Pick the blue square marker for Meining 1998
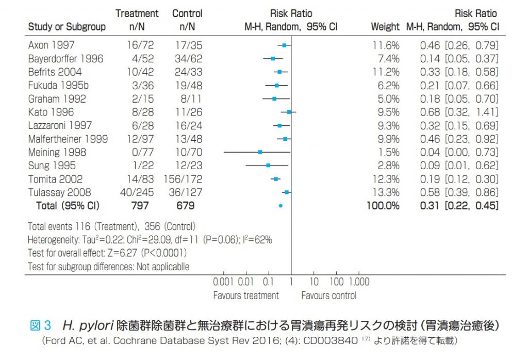[260, 152]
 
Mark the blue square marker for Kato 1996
[289, 112]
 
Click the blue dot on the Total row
[280, 206]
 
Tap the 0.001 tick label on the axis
[224, 282]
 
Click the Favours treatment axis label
[246, 296]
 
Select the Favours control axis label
[328, 296]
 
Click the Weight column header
[385, 27]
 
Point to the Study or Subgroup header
[67, 27]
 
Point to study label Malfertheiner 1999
[68, 139]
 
